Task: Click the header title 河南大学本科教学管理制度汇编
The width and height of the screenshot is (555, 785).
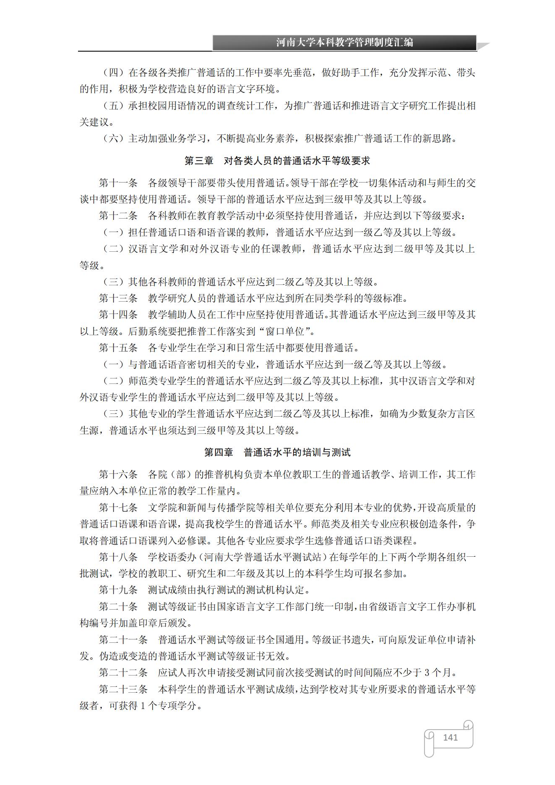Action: click(344, 42)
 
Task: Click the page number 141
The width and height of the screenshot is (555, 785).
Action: click(450, 737)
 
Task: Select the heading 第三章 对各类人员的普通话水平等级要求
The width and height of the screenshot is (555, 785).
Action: click(277, 161)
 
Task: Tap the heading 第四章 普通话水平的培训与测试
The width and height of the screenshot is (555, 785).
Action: click(277, 452)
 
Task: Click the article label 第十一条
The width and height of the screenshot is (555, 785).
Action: click(118, 183)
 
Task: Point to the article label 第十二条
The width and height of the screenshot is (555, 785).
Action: click(118, 216)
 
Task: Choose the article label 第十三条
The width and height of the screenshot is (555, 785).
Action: click(118, 298)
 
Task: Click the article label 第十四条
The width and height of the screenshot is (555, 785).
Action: click(118, 315)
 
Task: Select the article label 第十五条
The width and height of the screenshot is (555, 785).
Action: click(118, 348)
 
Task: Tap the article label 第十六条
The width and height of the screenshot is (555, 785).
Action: click(118, 475)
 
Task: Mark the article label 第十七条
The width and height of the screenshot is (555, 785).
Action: click(118, 508)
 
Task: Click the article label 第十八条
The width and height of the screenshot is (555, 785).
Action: click(118, 557)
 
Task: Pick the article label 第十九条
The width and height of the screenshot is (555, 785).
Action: click(118, 590)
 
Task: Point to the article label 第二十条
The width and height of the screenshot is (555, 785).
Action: click(118, 607)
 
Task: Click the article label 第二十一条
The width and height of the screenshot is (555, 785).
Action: click(123, 640)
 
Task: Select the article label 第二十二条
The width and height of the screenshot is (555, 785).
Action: click(123, 673)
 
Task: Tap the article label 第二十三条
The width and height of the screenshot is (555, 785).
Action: click(123, 689)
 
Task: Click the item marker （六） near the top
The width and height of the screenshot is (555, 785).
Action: click(113, 138)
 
